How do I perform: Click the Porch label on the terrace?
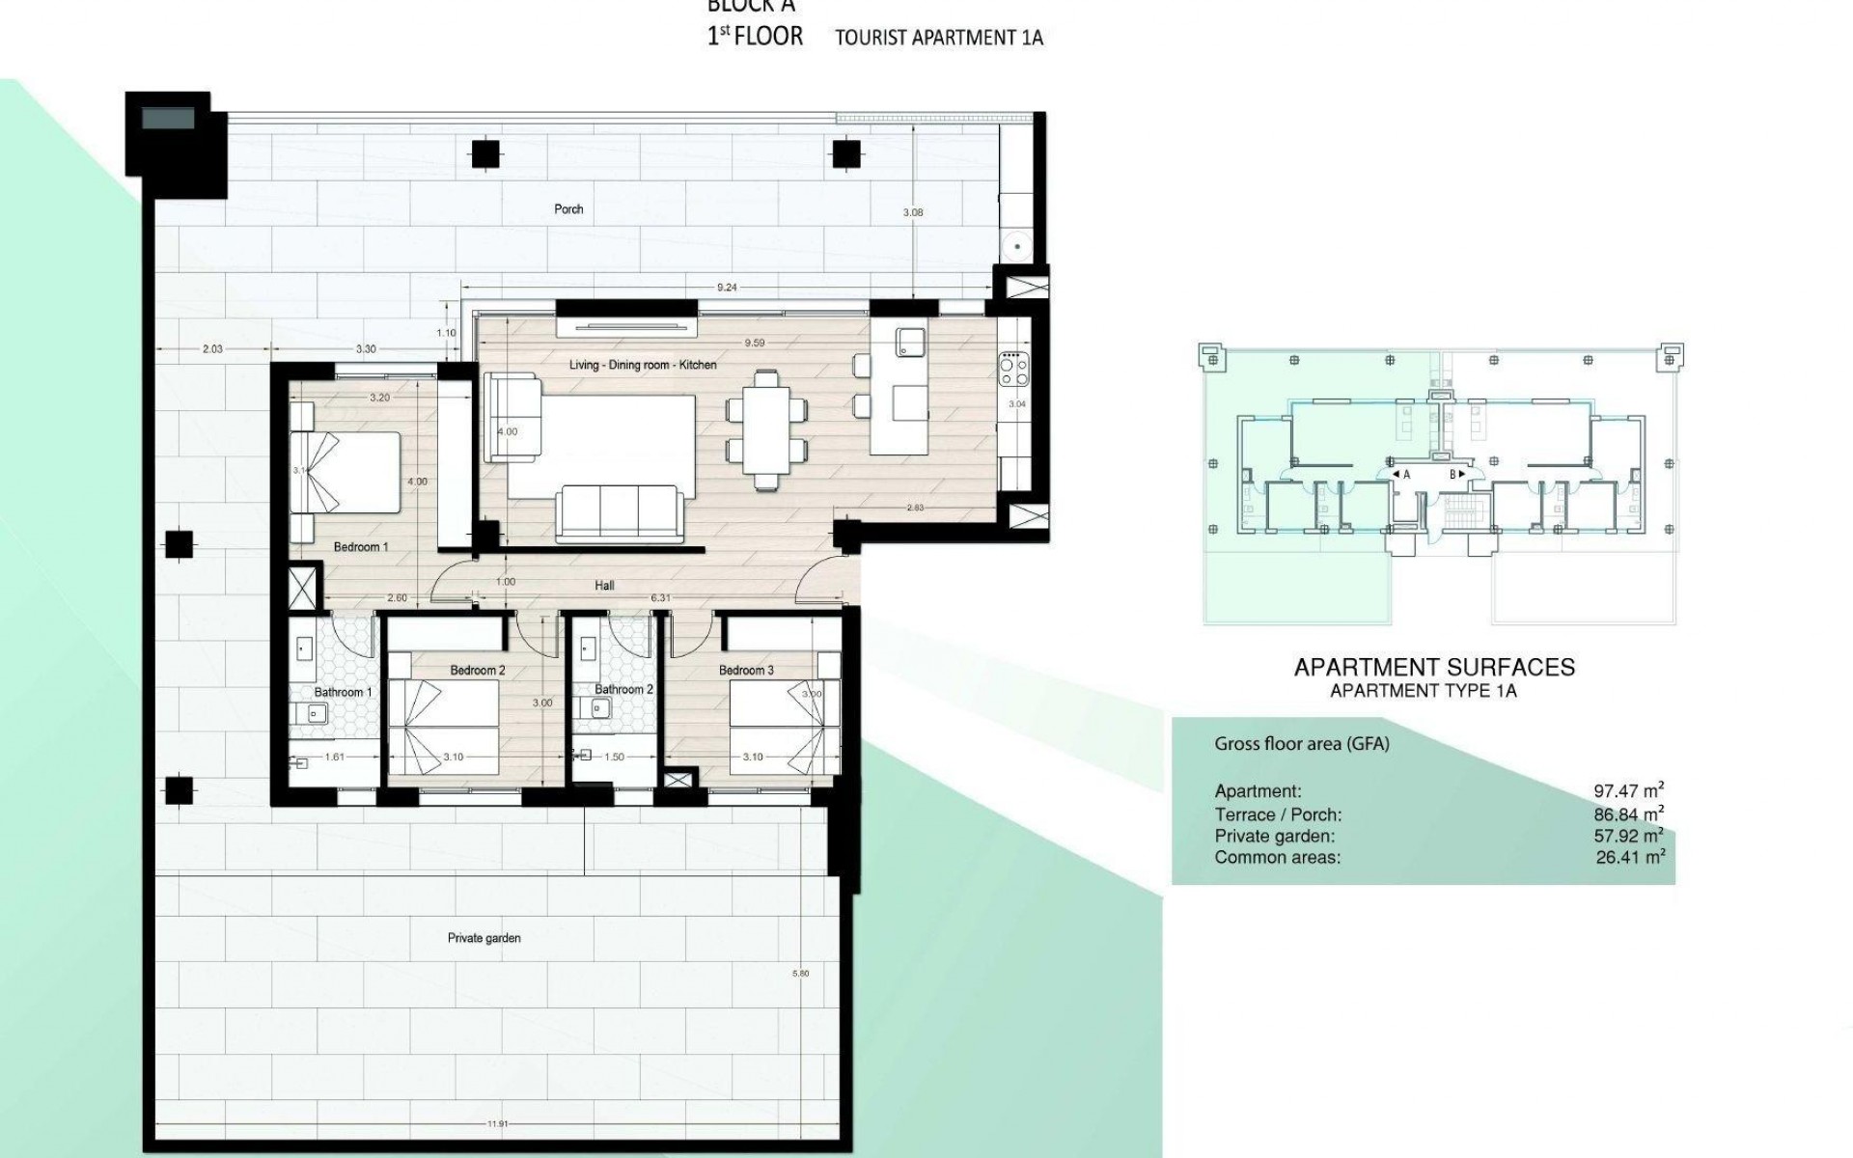point(568,208)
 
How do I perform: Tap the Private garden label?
point(484,938)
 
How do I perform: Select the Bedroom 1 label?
point(361,547)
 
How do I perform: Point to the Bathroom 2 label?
point(623,689)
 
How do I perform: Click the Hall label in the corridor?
point(604,585)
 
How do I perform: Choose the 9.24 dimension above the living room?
point(727,288)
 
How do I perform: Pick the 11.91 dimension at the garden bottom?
point(498,1124)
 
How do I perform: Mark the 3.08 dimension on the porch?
point(912,212)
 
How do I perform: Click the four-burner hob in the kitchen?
point(1013,367)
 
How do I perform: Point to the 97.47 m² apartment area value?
point(1628,791)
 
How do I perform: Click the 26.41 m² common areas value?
point(1630,857)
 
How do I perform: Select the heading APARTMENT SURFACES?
point(1434,667)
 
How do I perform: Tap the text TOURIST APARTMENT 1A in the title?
point(939,39)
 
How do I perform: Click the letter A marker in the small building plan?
point(1406,475)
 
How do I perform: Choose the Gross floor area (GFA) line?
point(1301,744)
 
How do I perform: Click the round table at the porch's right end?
point(1016,246)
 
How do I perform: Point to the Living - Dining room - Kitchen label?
point(643,365)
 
